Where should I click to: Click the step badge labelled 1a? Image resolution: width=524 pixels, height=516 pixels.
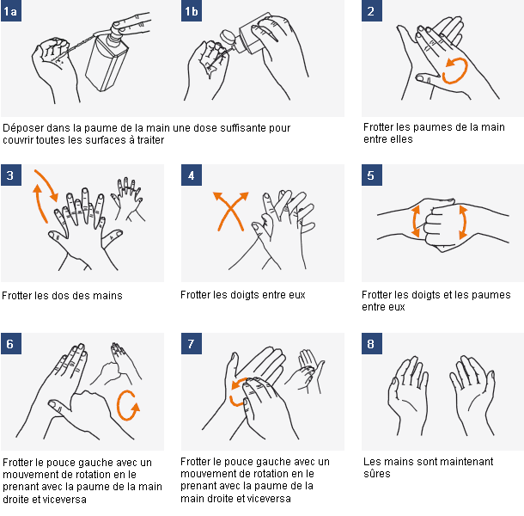[x=11, y=11]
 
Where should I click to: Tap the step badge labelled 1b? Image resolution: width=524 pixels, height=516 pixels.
[x=191, y=11]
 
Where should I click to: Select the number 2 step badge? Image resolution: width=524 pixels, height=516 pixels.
[x=371, y=11]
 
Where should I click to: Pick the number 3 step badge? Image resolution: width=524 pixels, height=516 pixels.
[x=11, y=175]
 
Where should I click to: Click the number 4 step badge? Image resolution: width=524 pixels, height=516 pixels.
[x=191, y=175]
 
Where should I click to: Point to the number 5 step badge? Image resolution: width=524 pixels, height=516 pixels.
[x=371, y=175]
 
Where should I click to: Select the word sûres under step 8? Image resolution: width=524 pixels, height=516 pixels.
[x=377, y=474]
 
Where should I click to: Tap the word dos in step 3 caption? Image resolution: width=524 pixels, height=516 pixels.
[x=64, y=296]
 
